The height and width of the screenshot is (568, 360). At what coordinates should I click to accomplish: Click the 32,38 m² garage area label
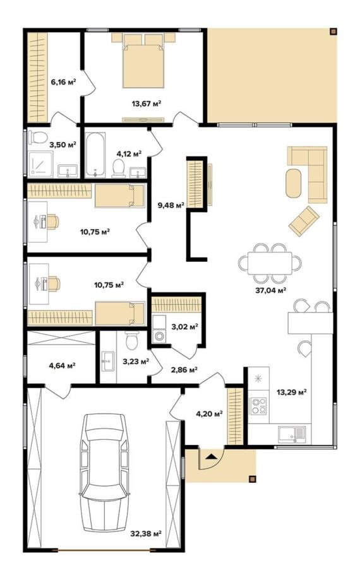pyautogui.click(x=146, y=533)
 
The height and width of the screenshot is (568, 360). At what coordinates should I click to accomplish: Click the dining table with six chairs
pyautogui.click(x=270, y=263)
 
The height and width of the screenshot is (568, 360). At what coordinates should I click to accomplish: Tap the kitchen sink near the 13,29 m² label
pyautogui.click(x=292, y=434)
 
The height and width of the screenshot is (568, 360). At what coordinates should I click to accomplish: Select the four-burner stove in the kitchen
pyautogui.click(x=259, y=406)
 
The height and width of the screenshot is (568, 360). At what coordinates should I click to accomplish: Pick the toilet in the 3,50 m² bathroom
pyautogui.click(x=38, y=138)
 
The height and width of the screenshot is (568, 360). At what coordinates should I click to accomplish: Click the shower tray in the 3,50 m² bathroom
pyautogui.click(x=40, y=164)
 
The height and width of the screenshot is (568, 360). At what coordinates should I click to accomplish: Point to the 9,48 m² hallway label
pyautogui.click(x=171, y=205)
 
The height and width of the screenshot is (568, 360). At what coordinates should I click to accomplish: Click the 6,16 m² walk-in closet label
pyautogui.click(x=63, y=82)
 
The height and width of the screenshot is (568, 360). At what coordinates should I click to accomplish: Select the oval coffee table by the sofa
pyautogui.click(x=293, y=183)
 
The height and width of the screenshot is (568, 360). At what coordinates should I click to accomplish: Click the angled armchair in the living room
pyautogui.click(x=304, y=221)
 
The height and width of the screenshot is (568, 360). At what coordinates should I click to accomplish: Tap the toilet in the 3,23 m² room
pyautogui.click(x=131, y=340)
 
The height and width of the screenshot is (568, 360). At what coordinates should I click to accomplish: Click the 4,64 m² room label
pyautogui.click(x=62, y=366)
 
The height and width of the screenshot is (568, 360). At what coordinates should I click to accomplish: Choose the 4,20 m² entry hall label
pyautogui.click(x=209, y=413)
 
